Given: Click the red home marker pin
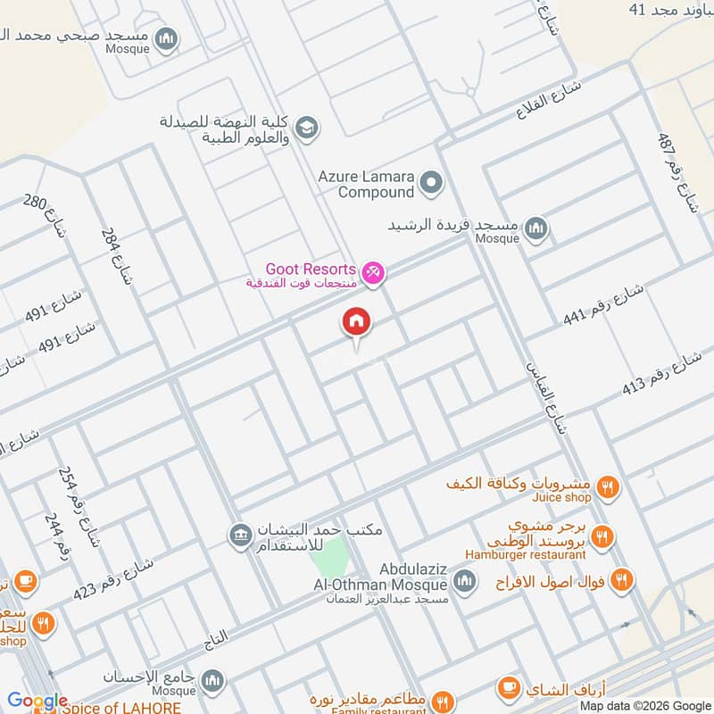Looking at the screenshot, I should [x=356, y=322].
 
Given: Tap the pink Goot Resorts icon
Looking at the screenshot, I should [x=374, y=273].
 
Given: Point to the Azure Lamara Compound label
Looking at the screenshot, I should [x=367, y=184].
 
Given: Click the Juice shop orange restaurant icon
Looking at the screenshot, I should [x=608, y=487].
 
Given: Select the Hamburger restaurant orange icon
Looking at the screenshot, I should [x=602, y=536].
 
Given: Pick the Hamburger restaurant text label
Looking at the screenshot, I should [x=526, y=554].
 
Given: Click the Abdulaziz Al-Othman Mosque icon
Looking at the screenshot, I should [x=464, y=583].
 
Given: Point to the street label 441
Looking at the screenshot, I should [x=603, y=305].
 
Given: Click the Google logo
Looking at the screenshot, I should [x=37, y=701].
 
